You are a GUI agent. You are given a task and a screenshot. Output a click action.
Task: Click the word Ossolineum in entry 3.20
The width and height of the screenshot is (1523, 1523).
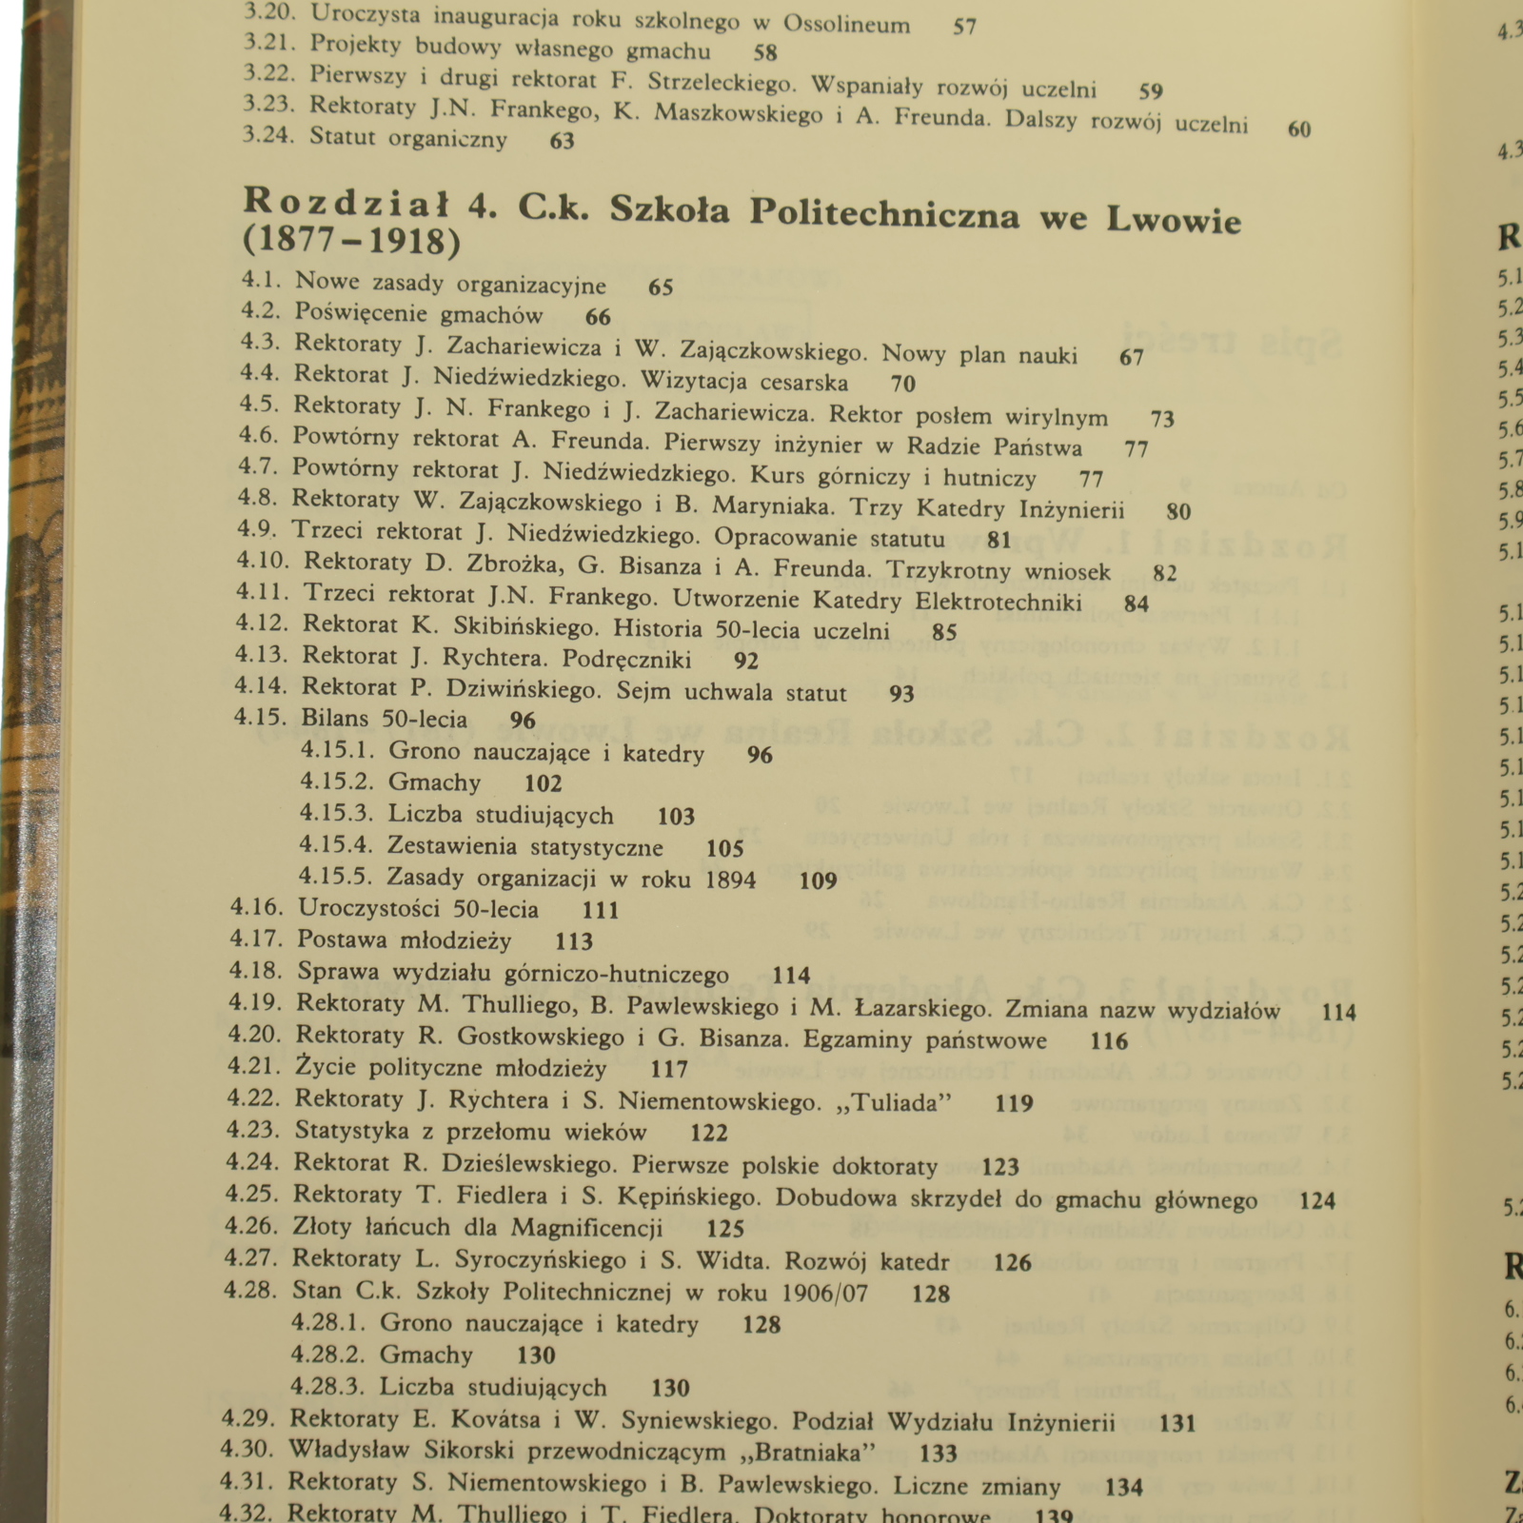846,24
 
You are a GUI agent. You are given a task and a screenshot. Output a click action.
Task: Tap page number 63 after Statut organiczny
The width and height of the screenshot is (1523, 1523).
563,141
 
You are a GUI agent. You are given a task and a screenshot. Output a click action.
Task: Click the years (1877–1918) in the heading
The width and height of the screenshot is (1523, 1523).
351,242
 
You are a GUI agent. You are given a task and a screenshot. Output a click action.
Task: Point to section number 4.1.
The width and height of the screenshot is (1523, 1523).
260,281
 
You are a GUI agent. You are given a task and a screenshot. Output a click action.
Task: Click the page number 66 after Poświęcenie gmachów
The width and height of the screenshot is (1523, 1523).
598,317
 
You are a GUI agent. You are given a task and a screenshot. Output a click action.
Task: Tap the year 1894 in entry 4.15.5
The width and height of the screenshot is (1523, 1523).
731,879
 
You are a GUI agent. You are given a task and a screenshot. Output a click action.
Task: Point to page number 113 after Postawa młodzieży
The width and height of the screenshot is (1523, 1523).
574,941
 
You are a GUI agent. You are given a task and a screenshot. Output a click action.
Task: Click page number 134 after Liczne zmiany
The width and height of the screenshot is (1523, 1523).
1123,1486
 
